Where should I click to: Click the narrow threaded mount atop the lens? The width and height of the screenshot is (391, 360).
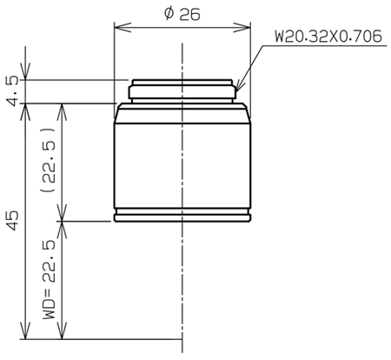(x=182, y=90)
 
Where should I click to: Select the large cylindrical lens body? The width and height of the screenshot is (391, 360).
(x=182, y=161)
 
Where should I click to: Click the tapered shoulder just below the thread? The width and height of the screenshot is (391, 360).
(x=182, y=107)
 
